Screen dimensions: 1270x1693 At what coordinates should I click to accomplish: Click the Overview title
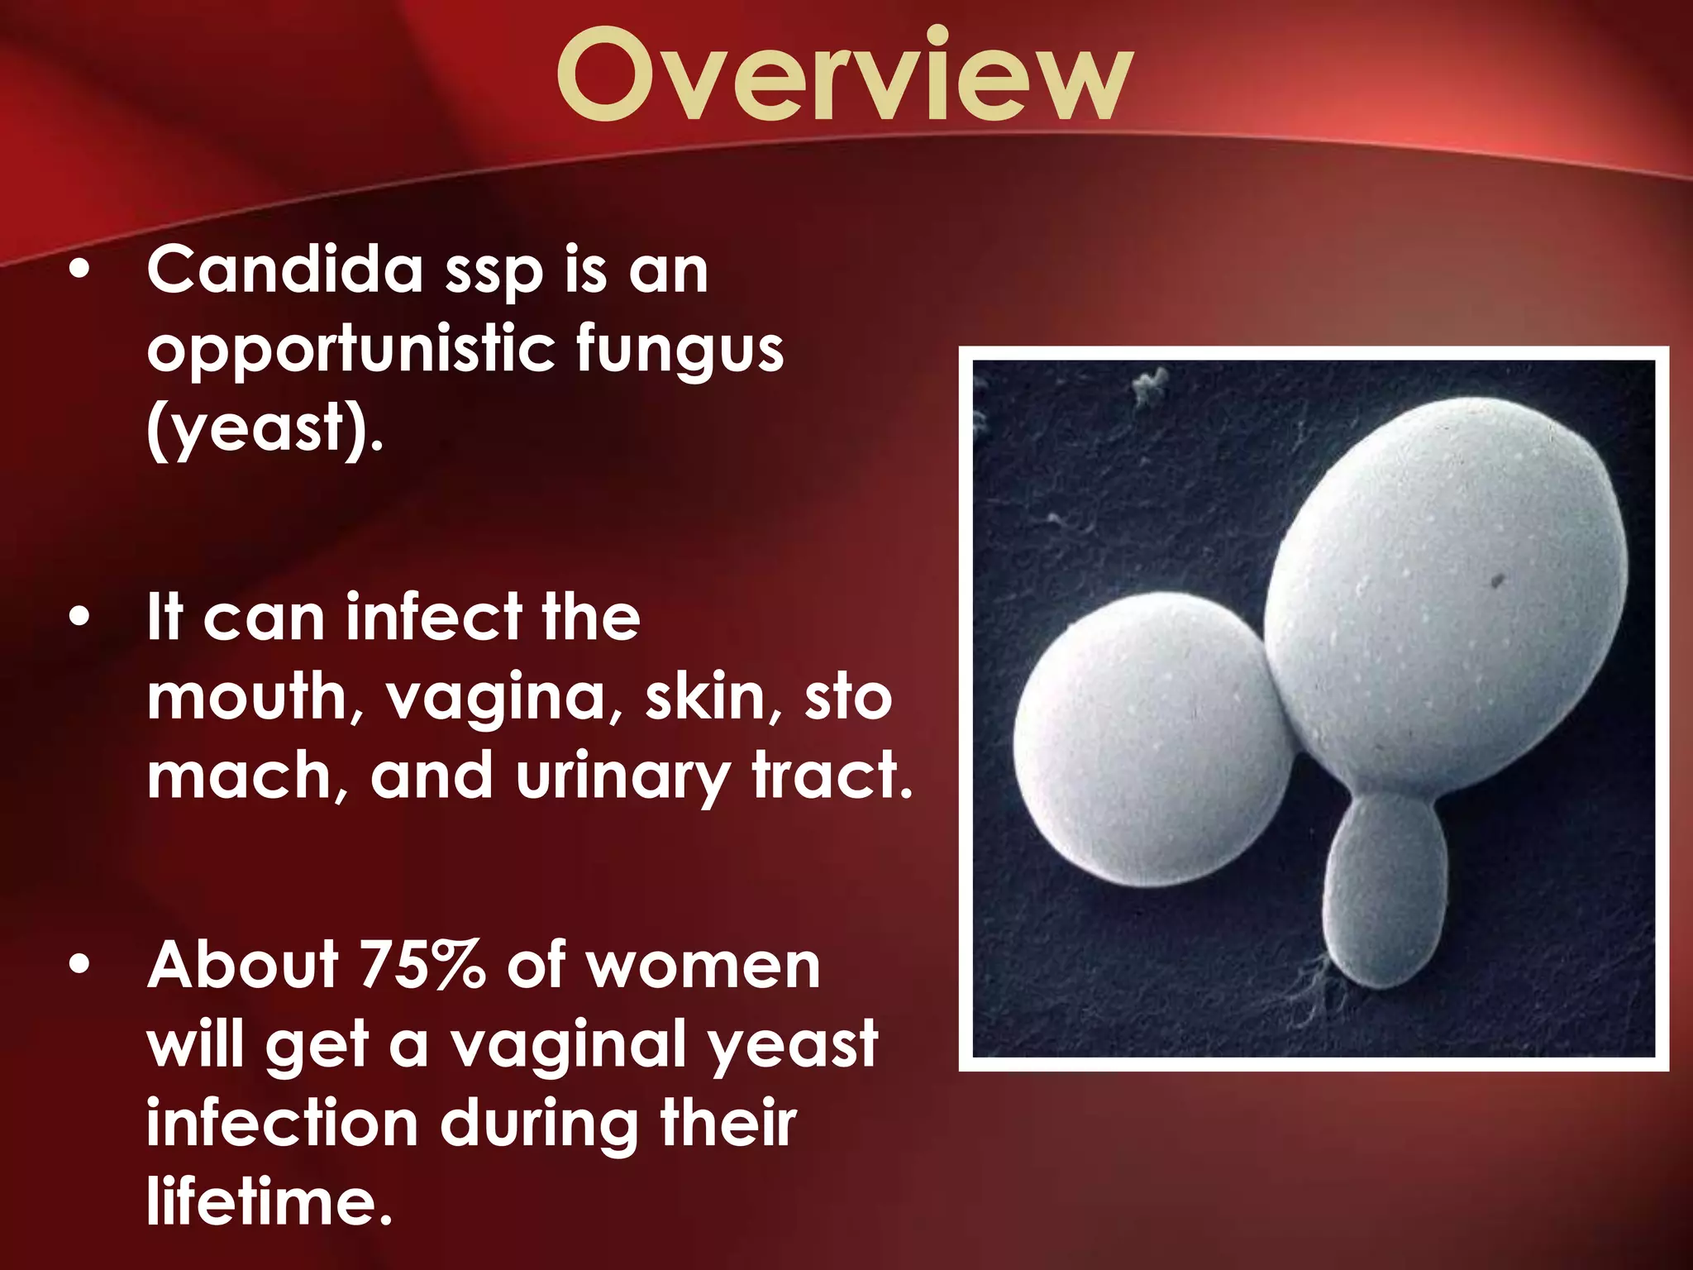point(843,76)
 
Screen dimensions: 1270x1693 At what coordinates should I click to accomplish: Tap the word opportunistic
point(351,349)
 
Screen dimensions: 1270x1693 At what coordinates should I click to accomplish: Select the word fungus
point(680,351)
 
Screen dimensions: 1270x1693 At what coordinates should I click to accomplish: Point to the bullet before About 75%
point(79,966)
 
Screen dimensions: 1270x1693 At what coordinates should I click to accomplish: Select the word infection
point(281,1124)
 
